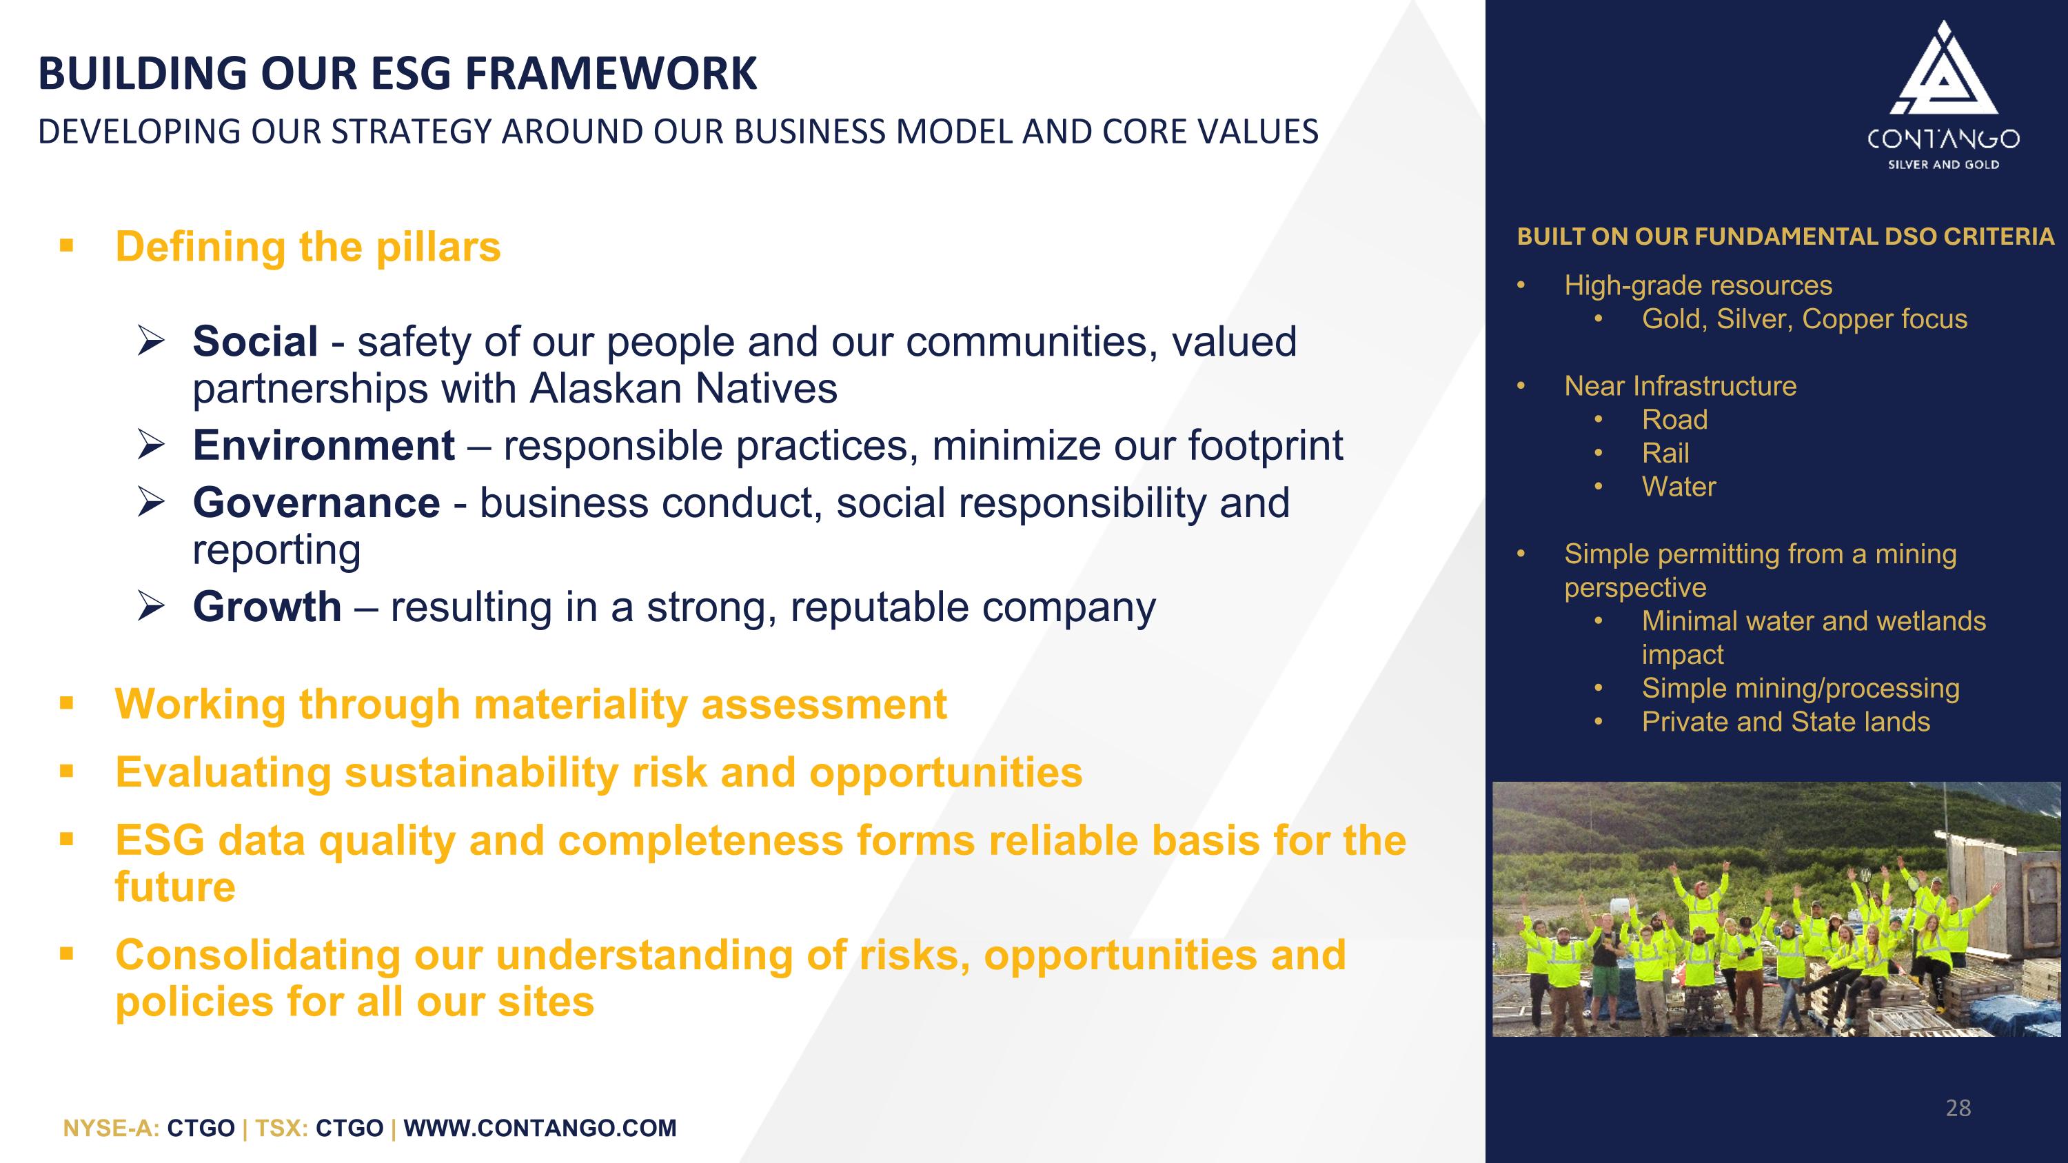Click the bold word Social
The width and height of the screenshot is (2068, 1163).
tap(255, 342)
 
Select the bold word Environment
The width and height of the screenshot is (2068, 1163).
tap(323, 445)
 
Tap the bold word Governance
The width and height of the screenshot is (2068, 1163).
tap(316, 503)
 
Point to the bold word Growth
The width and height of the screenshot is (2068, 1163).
tap(267, 607)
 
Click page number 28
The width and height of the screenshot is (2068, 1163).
tap(1958, 1109)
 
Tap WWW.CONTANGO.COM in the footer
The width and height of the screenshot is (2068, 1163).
tap(540, 1129)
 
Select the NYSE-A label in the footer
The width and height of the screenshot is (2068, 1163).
tap(111, 1129)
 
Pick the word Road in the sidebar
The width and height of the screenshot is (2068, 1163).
tap(1674, 420)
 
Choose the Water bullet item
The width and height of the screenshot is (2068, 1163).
tap(1679, 487)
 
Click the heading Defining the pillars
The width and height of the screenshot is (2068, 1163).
tap(307, 247)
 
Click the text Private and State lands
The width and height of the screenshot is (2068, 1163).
tap(1785, 722)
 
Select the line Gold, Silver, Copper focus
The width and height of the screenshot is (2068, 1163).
tap(1804, 319)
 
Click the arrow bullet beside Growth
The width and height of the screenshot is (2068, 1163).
tap(151, 607)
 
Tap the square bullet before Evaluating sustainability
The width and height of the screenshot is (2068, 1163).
tap(67, 772)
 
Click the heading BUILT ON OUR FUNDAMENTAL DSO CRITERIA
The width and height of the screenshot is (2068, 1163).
tap(1785, 236)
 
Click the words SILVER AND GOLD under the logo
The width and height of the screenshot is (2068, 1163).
tap(1943, 165)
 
